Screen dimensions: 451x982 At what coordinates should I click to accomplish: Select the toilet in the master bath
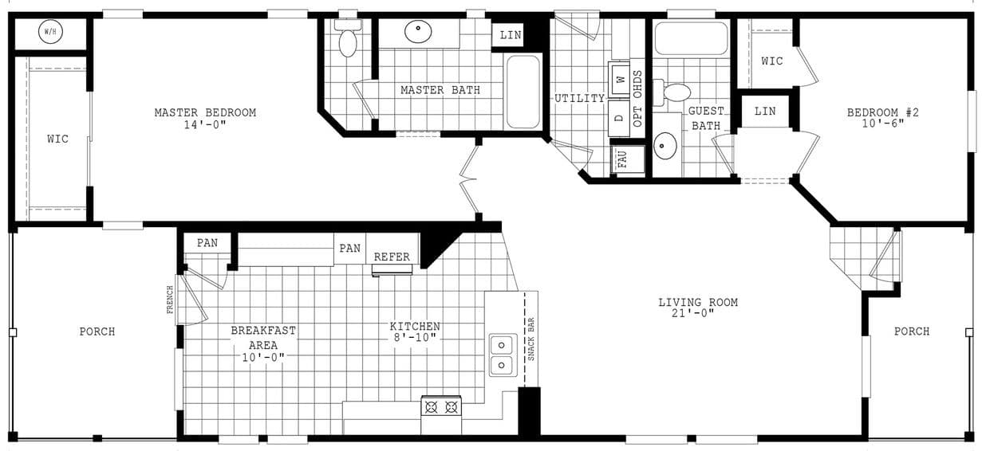coord(347,40)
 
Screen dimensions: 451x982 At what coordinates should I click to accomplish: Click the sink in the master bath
coord(419,33)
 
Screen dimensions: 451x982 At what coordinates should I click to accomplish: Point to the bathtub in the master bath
coord(523,91)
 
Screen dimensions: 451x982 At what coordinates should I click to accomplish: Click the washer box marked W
coord(620,80)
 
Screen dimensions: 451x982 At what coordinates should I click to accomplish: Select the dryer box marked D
coord(619,118)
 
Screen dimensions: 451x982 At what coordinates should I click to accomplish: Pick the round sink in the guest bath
coord(665,146)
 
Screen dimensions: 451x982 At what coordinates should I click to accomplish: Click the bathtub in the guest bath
coord(691,37)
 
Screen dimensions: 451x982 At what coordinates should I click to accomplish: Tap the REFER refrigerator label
coord(392,257)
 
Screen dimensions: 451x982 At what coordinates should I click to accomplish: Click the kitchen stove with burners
coord(441,407)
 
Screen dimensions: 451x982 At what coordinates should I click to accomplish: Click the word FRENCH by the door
coord(170,300)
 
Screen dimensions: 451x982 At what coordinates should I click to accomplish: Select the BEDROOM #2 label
coord(882,118)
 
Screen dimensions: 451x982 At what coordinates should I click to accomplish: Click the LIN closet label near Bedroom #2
coord(764,112)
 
